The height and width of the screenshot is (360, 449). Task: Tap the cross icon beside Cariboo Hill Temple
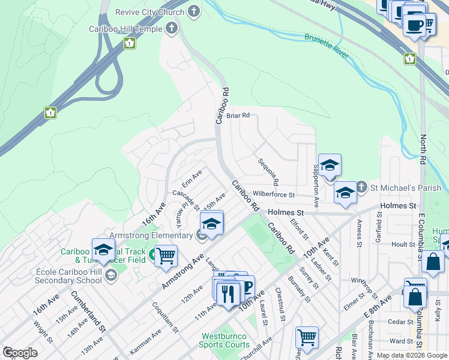click(172, 28)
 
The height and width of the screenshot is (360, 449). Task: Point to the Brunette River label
click(327, 46)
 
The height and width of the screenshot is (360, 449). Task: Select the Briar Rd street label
click(238, 116)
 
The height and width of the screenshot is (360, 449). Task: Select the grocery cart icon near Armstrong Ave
click(166, 256)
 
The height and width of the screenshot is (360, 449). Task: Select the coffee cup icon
click(415, 25)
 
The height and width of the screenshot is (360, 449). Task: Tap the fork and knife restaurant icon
click(228, 293)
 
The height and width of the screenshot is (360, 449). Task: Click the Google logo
click(20, 353)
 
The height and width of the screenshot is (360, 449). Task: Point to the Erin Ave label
click(192, 178)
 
